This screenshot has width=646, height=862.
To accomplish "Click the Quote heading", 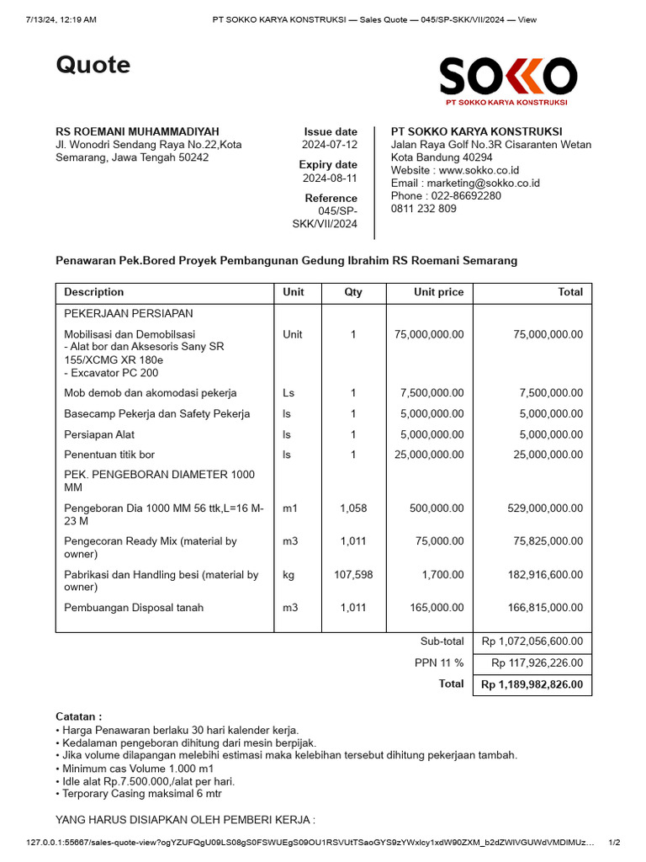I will click(x=93, y=65).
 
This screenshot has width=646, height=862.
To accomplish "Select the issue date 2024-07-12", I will click(x=330, y=145).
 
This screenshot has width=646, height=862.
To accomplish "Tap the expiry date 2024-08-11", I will click(x=330, y=178).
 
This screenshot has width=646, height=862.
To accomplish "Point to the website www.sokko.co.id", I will click(x=455, y=170).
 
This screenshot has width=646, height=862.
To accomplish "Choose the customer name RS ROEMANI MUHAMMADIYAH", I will click(x=137, y=131).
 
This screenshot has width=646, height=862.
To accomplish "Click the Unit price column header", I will click(x=438, y=292).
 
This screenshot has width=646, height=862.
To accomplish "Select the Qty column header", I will click(x=353, y=292).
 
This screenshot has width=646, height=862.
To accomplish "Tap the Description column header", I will click(x=94, y=292).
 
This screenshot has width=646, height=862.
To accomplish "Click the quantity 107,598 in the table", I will click(x=353, y=575).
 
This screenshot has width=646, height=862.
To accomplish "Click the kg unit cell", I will click(x=289, y=575).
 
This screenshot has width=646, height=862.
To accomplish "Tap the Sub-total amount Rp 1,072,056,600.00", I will click(x=532, y=641).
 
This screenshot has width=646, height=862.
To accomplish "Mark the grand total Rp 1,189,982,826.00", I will click(x=532, y=685).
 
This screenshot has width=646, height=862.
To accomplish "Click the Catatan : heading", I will click(x=79, y=716).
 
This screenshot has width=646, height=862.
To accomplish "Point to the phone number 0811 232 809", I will click(x=424, y=209).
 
